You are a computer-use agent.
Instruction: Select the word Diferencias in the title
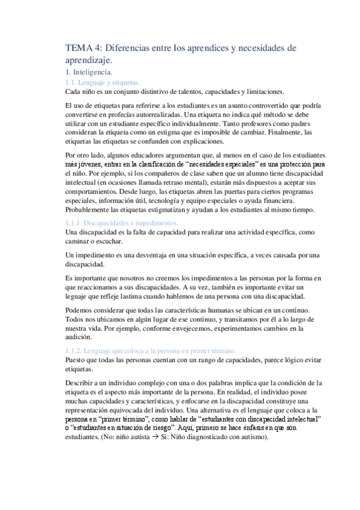pyautogui.click(x=127, y=48)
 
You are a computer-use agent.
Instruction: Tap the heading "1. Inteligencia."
pyautogui.click(x=87, y=72)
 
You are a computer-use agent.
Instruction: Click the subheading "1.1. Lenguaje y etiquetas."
pyautogui.click(x=102, y=82)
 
